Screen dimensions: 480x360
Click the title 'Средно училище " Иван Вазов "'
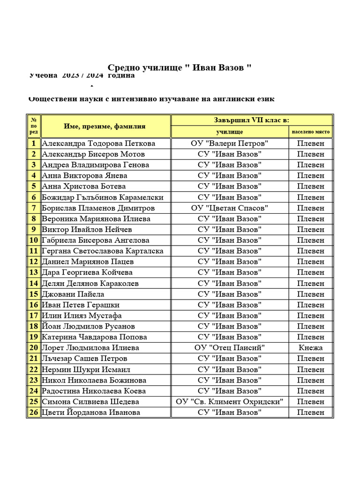click(x=180, y=68)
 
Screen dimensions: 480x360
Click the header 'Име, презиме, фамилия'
click(x=105, y=126)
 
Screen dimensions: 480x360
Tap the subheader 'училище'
click(x=229, y=132)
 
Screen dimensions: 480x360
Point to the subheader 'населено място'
click(x=311, y=132)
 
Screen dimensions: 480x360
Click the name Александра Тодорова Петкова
click(x=98, y=143)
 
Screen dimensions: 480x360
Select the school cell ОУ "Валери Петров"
click(x=229, y=143)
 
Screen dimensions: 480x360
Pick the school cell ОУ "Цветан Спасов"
click(x=229, y=208)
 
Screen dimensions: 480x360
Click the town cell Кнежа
click(x=311, y=348)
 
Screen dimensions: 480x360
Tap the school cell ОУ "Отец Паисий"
click(x=229, y=348)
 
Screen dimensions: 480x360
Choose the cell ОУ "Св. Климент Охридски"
click(x=229, y=402)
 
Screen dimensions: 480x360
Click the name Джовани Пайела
click(x=73, y=294)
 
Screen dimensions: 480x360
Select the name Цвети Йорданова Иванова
click(x=91, y=412)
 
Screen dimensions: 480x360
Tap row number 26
click(x=34, y=412)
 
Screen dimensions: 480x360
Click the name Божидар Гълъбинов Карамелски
click(x=103, y=197)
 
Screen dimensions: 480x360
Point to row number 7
click(x=34, y=208)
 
